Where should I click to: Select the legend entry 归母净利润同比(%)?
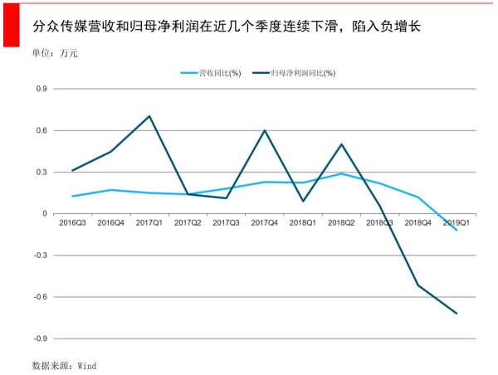coord(303,74)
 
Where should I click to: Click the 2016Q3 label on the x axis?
coord(73,223)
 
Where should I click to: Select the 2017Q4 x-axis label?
coord(265,223)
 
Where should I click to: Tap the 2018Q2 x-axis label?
coord(341,223)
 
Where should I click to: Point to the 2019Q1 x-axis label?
coord(456,223)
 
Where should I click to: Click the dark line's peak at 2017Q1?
coord(149,116)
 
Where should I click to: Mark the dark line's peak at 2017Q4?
coord(265,130)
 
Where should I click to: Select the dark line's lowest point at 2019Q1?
coord(456,314)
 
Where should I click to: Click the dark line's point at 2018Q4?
coord(418,285)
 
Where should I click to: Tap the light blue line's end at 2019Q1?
coord(456,230)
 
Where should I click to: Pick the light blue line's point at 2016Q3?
coord(73,197)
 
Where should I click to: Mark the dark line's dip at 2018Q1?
coord(303,201)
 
